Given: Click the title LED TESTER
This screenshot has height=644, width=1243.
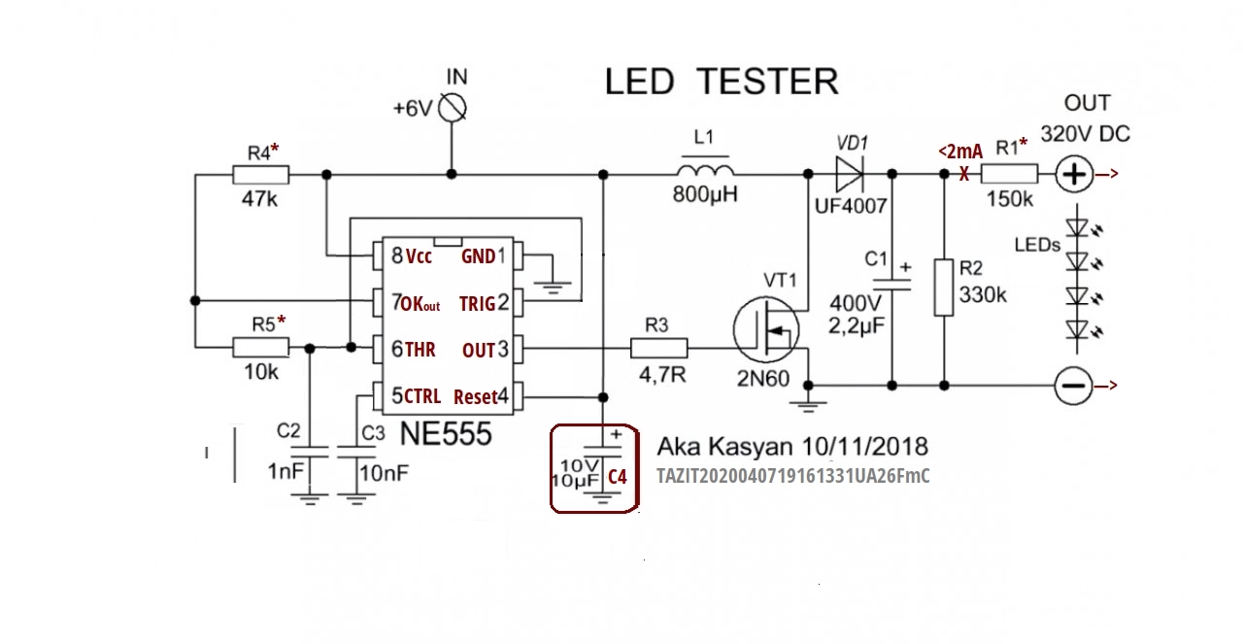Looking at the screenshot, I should coord(721,82).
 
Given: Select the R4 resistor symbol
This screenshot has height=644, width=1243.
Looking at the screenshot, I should coord(260,175).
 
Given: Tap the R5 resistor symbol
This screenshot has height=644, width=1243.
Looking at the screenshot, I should coord(260,347).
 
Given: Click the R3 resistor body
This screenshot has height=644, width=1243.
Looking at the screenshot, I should coord(659,347).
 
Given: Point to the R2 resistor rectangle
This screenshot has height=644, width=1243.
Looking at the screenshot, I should coord(942,287).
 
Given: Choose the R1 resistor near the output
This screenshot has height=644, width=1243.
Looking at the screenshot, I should coord(1009,175).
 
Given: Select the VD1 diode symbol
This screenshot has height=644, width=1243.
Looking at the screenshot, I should coord(848,175).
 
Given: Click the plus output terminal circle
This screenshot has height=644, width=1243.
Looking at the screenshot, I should coord(1073,175).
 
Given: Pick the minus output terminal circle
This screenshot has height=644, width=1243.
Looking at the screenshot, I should coord(1073,386).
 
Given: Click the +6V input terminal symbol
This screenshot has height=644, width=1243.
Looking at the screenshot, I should coord(453,108).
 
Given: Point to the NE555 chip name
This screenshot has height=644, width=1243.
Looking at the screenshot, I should coord(446,434).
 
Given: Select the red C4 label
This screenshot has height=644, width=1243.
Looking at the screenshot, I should coord(618,477).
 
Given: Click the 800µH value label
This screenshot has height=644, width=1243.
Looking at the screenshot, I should coord(705,194).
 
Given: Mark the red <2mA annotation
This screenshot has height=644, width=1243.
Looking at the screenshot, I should coord(959,151).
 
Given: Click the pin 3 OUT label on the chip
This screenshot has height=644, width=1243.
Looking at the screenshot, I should coord(479,350).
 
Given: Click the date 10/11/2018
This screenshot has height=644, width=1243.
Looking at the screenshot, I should coord(865,447).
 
